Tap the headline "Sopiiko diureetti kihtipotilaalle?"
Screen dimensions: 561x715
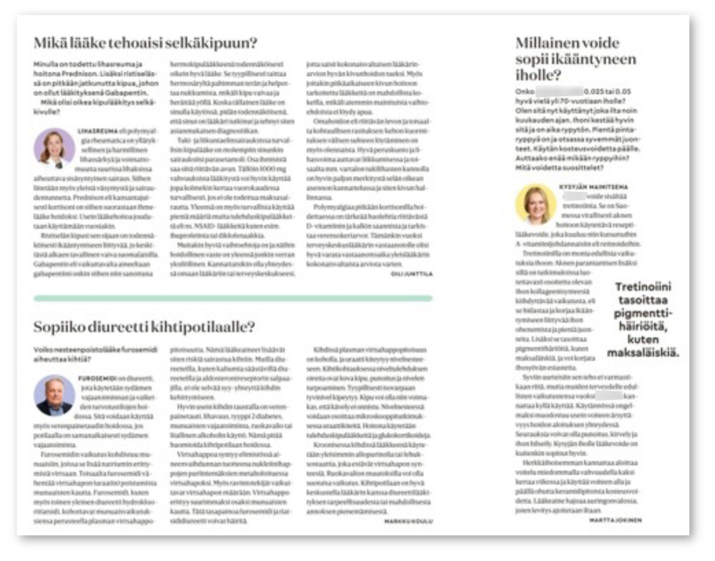tap(144, 326)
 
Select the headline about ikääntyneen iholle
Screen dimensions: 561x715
tap(575, 59)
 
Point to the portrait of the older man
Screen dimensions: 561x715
tap(54, 395)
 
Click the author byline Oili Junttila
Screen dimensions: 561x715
tap(411, 274)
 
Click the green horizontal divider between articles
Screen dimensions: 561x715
tap(232, 298)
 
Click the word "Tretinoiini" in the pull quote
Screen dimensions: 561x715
tap(643, 286)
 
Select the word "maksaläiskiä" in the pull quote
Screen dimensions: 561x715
tap(643, 354)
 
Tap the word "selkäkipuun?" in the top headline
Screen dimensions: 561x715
tap(221, 44)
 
